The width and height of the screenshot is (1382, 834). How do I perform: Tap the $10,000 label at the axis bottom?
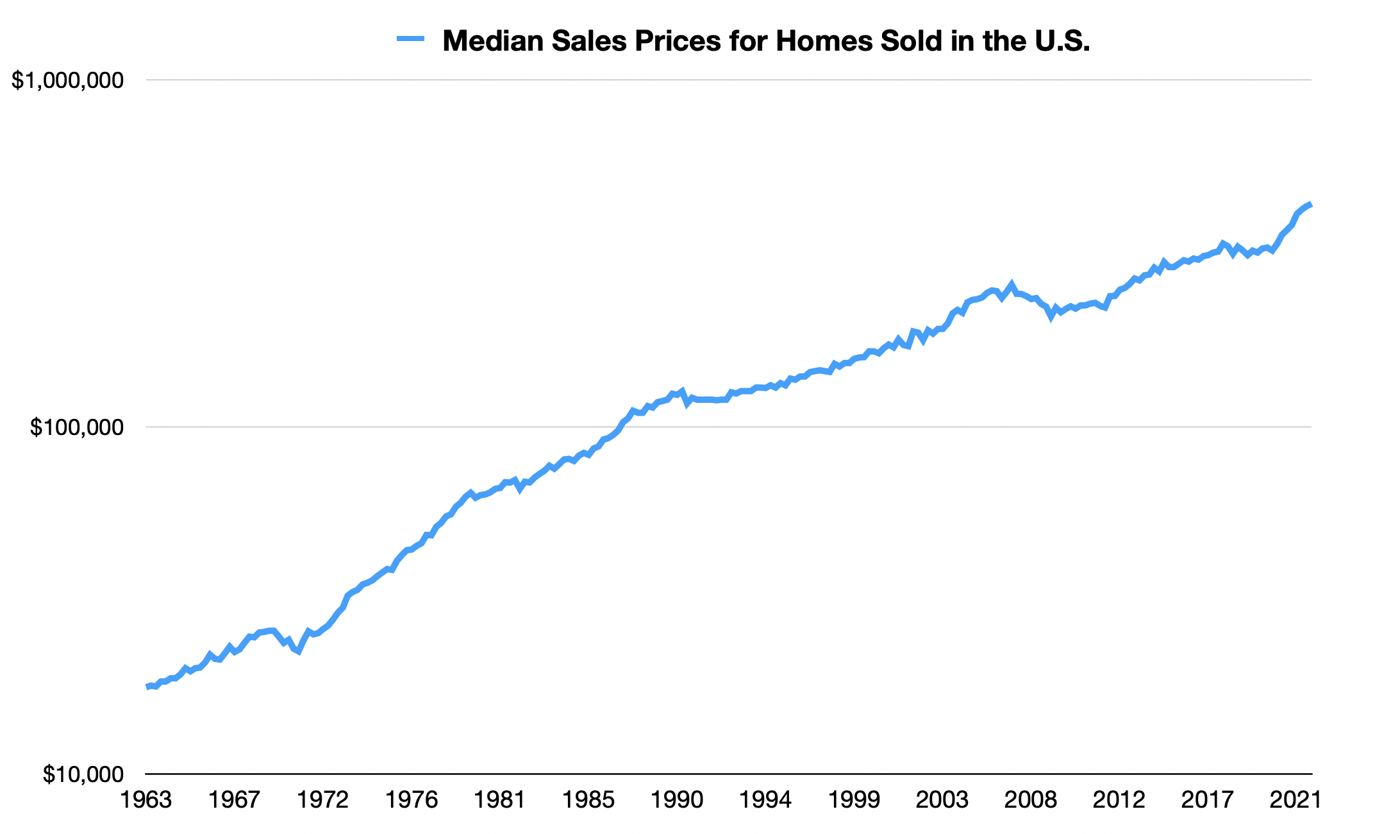point(83,774)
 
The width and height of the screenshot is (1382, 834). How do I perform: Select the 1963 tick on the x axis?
point(147,800)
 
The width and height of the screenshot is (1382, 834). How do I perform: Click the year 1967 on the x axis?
point(235,800)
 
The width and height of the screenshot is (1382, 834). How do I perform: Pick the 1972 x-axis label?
point(324,800)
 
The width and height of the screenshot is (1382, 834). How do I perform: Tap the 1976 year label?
point(412,800)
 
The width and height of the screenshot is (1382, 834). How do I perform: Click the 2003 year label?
point(942,800)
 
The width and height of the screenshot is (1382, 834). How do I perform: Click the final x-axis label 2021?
point(1295,800)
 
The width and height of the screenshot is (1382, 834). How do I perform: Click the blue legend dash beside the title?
point(411,39)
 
